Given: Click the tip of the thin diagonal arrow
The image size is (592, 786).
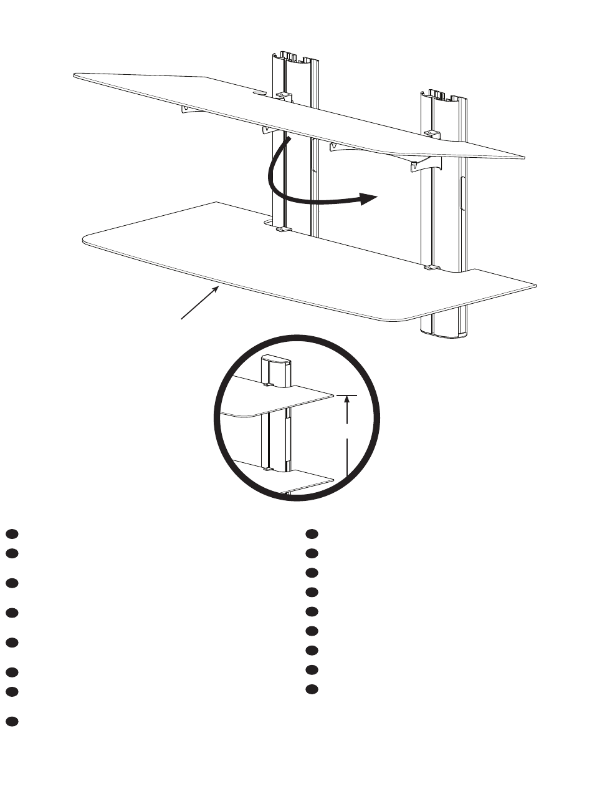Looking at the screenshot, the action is tap(219, 286).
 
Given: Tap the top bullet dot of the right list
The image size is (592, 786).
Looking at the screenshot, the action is tap(312, 534).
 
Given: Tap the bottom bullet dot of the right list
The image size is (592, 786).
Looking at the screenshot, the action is tap(312, 689).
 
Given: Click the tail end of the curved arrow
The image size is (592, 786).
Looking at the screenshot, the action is tap(289, 140).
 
